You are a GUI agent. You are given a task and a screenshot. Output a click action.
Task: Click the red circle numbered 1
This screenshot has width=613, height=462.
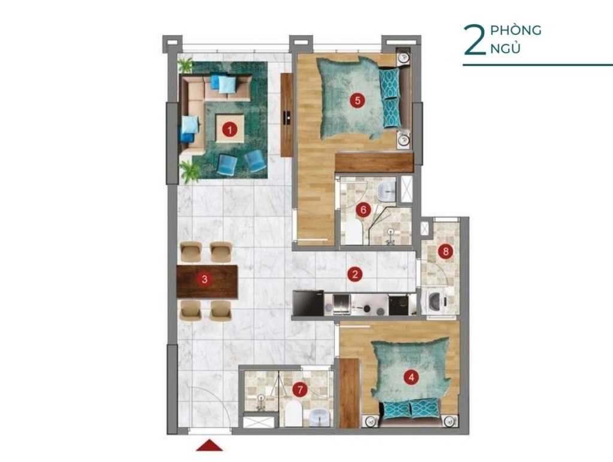(229, 129)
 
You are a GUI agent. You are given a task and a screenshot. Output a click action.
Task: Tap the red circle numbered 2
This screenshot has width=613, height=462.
(355, 274)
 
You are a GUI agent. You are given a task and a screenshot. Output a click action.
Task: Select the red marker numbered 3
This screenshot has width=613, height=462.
(205, 279)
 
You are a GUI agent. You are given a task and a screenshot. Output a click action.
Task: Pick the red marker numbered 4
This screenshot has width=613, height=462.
(411, 378)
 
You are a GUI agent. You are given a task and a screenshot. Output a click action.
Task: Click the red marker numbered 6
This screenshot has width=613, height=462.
(363, 210)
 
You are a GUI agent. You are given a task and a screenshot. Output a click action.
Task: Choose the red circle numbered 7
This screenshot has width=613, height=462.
(300, 389)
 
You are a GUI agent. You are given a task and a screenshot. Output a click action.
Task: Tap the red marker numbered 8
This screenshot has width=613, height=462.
(445, 251)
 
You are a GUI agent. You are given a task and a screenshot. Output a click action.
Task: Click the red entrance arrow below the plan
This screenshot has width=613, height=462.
(209, 445)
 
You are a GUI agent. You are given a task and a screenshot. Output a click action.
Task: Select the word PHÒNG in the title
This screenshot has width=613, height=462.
(515, 30)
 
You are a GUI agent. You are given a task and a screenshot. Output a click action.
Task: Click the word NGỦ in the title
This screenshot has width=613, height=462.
(505, 48)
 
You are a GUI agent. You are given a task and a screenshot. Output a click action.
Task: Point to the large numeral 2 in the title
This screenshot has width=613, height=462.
(474, 40)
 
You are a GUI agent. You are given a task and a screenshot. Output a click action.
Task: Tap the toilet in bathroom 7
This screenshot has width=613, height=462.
(293, 414)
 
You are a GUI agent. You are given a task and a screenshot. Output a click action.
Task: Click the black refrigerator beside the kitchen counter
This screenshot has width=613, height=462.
(308, 303)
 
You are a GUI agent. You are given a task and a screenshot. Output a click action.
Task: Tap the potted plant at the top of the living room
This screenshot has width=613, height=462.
(186, 65)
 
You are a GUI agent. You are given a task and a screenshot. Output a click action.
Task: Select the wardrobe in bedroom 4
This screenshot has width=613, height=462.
(349, 392)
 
